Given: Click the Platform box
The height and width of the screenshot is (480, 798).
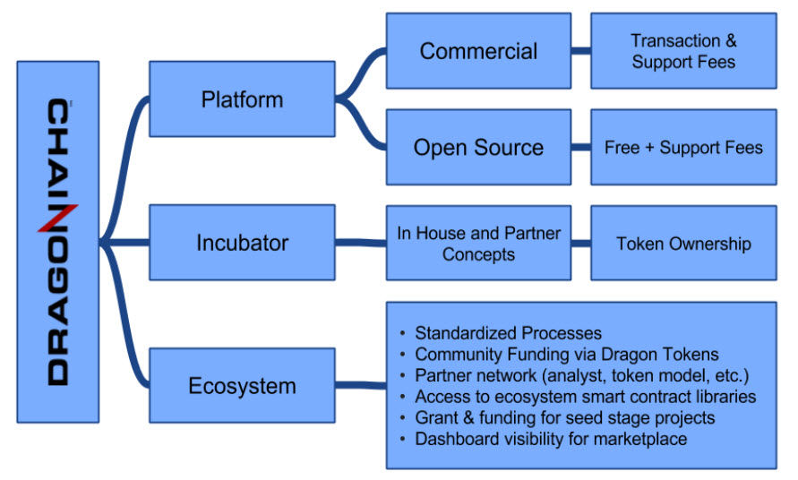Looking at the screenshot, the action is click(x=242, y=99).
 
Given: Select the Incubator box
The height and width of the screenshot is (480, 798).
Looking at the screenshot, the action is click(x=242, y=243).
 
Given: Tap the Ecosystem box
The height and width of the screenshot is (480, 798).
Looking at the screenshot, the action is click(x=242, y=385).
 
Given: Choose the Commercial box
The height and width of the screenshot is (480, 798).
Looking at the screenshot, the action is click(x=478, y=51).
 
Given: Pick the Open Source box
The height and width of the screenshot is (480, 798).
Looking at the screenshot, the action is click(x=478, y=147).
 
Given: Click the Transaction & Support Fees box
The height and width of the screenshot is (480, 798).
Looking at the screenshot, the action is click(x=683, y=51).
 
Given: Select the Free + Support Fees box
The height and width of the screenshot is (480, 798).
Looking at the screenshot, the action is click(x=683, y=147).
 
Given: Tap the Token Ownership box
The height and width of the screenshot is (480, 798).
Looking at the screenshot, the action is click(x=683, y=243).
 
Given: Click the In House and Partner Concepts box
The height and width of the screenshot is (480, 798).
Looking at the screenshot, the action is click(x=478, y=243).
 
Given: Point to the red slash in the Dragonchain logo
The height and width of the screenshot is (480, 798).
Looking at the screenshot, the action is click(x=57, y=218).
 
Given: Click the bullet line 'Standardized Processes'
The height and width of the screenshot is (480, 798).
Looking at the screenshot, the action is click(x=502, y=333).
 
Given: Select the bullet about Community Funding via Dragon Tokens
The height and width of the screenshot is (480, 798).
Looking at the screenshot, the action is click(x=559, y=355).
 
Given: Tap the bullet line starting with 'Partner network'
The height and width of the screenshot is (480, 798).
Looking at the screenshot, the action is click(x=575, y=375).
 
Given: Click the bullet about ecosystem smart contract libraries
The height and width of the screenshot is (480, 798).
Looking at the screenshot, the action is click(x=579, y=397).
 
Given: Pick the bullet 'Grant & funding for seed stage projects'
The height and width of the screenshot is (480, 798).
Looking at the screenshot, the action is click(x=557, y=418).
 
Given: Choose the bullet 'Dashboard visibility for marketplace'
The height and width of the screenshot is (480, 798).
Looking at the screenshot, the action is click(x=544, y=439).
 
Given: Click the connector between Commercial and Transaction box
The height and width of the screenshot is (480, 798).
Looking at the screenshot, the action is click(x=580, y=50).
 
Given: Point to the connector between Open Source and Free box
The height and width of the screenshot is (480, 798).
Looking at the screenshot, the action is click(x=580, y=147).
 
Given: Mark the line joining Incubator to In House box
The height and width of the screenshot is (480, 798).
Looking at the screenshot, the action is click(x=361, y=243).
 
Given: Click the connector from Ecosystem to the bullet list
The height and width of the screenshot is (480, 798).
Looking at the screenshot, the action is click(x=361, y=385).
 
